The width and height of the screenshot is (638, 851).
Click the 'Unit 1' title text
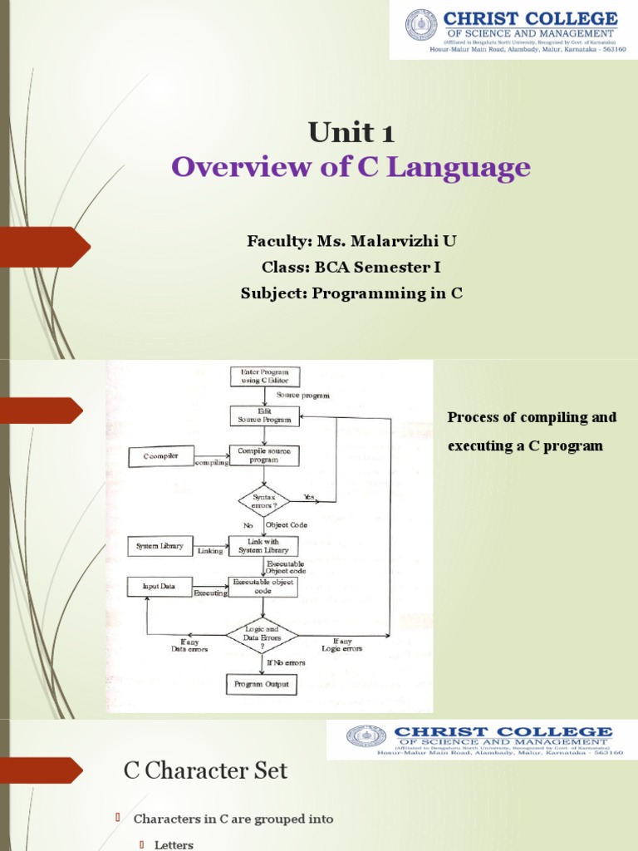[x=351, y=132]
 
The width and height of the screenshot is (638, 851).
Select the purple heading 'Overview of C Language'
[x=351, y=168]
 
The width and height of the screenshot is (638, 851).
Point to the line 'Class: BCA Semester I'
[x=351, y=268]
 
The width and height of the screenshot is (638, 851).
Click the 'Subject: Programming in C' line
[x=351, y=293]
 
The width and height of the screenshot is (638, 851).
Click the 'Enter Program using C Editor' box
[x=264, y=376]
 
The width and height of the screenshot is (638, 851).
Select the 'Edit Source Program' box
[x=264, y=416]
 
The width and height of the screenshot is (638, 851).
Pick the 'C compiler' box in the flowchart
[x=159, y=456]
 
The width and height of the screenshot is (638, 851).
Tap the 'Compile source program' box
[x=264, y=455]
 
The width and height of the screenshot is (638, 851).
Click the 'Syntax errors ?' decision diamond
[x=264, y=502]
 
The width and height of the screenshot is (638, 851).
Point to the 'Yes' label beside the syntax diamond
[x=309, y=496]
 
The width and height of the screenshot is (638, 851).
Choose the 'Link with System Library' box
[x=264, y=546]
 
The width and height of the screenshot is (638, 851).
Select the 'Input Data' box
[x=159, y=587]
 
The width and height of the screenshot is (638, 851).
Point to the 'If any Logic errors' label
[x=348, y=644]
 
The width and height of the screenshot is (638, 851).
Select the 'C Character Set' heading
[x=205, y=771]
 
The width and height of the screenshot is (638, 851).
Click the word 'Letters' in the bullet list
[x=174, y=844]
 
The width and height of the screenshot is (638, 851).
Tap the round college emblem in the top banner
[x=421, y=25]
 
